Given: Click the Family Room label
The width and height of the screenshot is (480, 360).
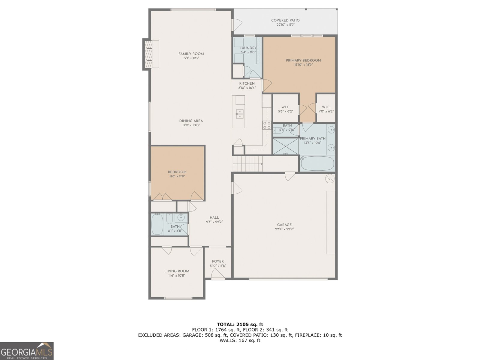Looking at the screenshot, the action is point(191,54).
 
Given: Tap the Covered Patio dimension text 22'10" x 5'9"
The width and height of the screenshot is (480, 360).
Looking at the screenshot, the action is point(285,25).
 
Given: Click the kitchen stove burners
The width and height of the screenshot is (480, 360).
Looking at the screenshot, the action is point(267,125).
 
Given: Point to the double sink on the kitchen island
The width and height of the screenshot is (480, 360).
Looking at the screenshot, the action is point(239,114).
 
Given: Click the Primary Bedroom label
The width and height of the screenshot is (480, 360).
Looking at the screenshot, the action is point(303,60).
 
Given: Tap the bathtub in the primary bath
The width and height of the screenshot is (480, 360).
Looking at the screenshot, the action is point(317,163).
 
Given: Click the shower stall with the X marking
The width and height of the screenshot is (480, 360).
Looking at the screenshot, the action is point(286,146).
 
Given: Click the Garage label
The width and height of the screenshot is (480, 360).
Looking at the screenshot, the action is point(284,225).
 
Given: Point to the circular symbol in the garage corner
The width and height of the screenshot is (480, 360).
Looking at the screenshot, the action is point(330,178).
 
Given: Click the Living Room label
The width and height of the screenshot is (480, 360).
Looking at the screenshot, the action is point(177,271).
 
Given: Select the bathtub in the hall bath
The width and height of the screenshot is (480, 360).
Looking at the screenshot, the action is point(157,224).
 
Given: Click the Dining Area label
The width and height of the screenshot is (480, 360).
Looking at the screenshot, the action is point(191,121).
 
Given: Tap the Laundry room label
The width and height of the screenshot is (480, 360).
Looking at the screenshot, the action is point(248,48).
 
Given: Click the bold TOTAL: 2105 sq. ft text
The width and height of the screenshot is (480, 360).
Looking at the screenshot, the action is point(240,324).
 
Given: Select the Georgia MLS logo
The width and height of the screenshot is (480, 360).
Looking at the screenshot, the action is point(27,351).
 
